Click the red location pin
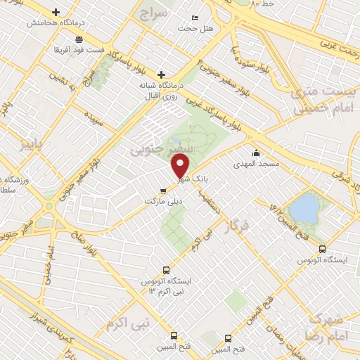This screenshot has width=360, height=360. click(181, 167)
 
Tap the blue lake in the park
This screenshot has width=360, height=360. click(304, 208)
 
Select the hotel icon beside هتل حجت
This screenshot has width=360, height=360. click(195, 17)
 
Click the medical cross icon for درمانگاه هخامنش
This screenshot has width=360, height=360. click(56, 12)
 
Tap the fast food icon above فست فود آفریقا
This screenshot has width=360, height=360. click(78, 39)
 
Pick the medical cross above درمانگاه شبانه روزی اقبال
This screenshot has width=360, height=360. click(161, 74)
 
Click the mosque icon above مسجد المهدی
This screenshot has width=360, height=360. click(257, 153)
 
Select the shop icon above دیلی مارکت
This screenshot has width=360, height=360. click(163, 190)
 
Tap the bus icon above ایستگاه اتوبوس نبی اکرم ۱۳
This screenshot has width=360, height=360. click(167, 269)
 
